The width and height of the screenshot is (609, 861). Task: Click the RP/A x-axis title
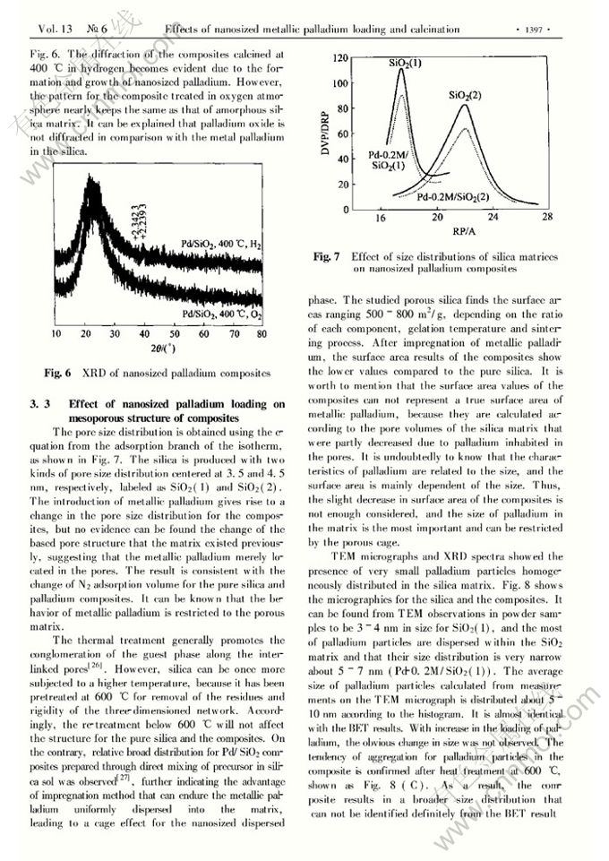coord(464,230)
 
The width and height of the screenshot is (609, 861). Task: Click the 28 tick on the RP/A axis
coord(548,218)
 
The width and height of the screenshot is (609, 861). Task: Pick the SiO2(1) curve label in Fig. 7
coord(406,65)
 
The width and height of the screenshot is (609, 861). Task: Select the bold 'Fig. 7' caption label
coord(327,256)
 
